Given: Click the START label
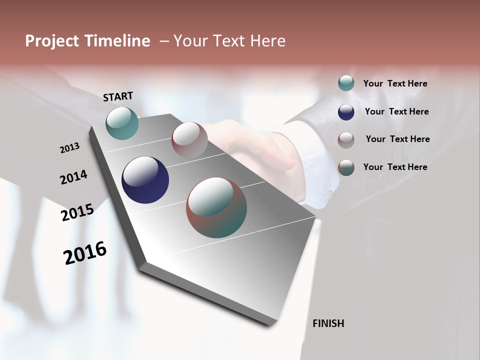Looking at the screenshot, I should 118,96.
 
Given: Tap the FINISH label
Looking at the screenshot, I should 328,323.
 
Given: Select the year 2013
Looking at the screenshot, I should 69,147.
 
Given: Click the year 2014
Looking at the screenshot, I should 73,177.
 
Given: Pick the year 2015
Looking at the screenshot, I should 77,212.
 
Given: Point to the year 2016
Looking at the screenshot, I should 85,253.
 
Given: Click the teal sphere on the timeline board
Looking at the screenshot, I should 122,123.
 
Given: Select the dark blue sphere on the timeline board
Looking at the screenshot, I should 145,180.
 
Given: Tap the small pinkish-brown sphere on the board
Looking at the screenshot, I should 189,140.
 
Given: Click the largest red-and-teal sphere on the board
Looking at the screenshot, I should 216,207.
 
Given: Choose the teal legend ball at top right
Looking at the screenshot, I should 346,83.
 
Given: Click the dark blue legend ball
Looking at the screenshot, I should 346,112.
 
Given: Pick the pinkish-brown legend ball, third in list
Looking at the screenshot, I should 346,139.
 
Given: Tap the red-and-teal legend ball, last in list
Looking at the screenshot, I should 346,167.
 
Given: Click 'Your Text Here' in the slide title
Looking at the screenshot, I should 229,41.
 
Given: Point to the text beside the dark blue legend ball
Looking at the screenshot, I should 396,111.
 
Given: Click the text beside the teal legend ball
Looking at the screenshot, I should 395,83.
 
